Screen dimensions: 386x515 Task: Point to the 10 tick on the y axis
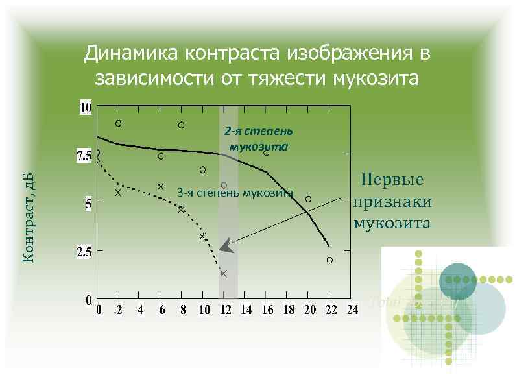tap(86, 106)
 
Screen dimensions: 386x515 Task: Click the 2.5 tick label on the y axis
tap(84, 253)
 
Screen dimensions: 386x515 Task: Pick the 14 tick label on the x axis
tap(246, 310)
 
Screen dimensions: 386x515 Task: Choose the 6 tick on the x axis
tap(162, 310)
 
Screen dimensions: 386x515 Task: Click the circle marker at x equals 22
tap(329, 260)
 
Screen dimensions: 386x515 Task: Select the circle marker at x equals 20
tap(308, 199)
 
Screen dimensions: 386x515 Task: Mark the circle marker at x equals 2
tap(118, 123)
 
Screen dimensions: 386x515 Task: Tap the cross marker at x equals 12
tap(224, 273)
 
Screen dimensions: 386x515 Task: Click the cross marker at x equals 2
tap(118, 192)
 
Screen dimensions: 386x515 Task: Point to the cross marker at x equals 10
tap(203, 236)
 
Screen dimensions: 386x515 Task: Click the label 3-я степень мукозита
tap(235, 193)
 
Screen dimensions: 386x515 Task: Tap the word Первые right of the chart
tap(392, 180)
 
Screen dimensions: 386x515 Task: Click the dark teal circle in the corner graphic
tap(458, 282)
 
